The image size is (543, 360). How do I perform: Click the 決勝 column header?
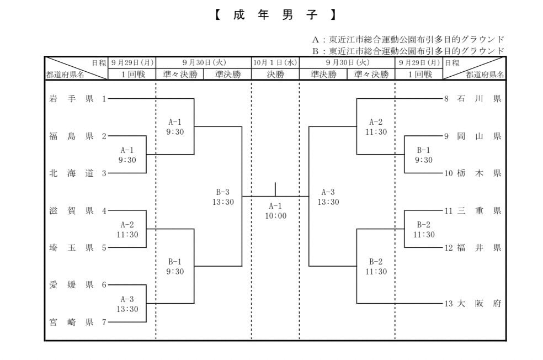[275, 75]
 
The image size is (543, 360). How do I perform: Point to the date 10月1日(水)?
[275, 63]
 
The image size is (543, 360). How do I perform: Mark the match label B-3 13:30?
[223, 197]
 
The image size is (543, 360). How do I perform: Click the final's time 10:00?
[275, 216]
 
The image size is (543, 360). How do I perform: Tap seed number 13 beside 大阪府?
[449, 303]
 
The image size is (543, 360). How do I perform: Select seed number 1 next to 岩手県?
[104, 99]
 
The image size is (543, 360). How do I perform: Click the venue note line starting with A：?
[408, 39]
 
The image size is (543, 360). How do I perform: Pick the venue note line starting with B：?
[408, 50]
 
